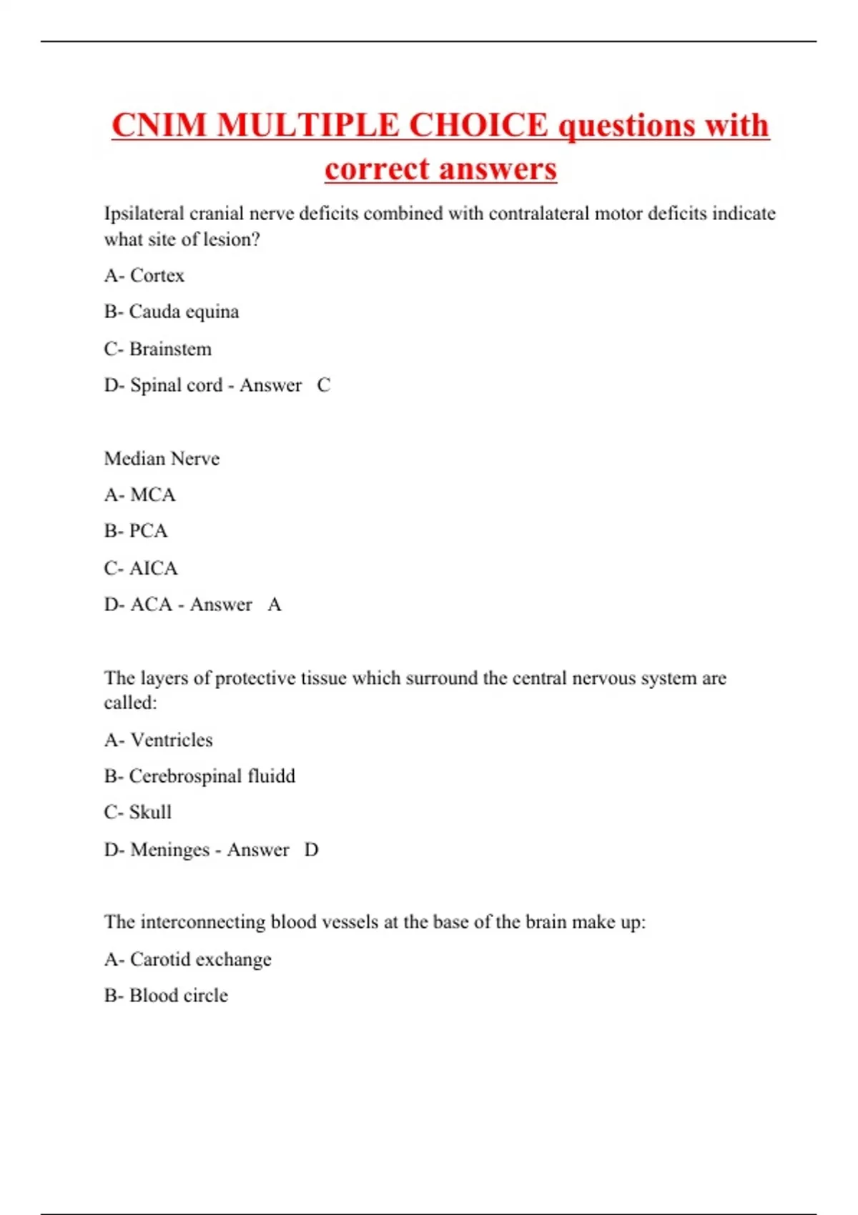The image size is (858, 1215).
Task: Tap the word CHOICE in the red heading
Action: coord(478,125)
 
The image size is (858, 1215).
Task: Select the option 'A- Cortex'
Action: coord(144,275)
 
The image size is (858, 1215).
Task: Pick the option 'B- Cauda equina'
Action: coord(172,312)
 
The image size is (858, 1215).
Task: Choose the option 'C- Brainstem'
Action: coord(158,349)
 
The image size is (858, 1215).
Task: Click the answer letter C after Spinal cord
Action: coord(323,385)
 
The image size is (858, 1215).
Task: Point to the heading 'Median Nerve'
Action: coord(162,458)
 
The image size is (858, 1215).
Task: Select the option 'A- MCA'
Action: coord(140,495)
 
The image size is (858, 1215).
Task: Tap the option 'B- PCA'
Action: coord(136,531)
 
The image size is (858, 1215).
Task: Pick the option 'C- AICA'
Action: coord(141,568)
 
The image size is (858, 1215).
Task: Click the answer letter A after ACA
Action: coord(275,605)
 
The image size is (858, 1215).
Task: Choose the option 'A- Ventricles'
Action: coord(159,740)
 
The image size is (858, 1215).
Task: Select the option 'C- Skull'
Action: coord(138,813)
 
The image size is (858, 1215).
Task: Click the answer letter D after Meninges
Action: coord(311,850)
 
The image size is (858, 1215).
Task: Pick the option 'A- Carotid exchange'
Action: coord(188,959)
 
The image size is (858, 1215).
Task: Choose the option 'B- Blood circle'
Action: coord(166,996)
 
